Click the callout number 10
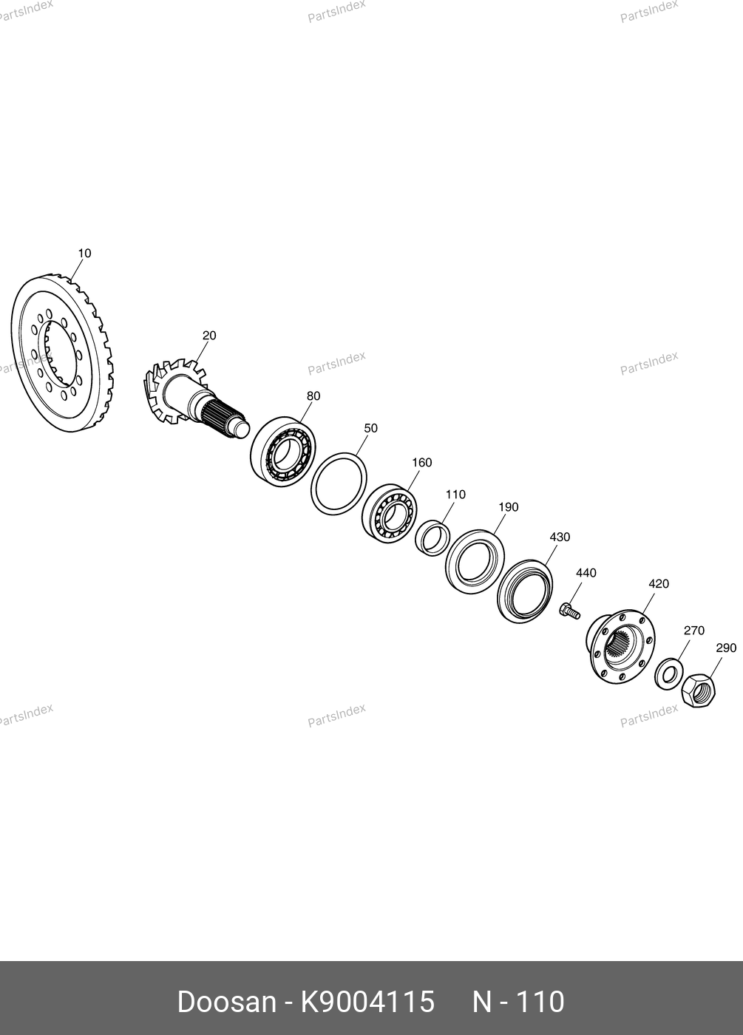84,253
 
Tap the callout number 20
209,336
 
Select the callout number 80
313,396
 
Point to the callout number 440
586,573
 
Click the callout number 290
726,648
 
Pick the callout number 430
560,537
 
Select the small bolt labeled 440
570,612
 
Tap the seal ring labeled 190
475,562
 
